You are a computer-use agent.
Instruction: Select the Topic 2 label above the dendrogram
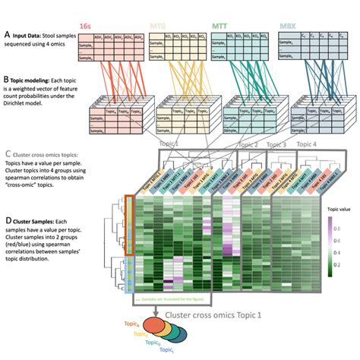(x=251, y=144)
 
